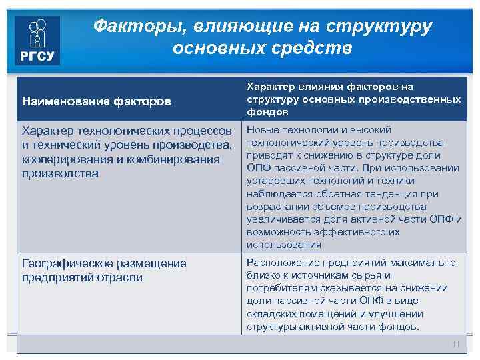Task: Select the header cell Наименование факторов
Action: click(x=97, y=102)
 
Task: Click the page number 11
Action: click(x=456, y=344)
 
